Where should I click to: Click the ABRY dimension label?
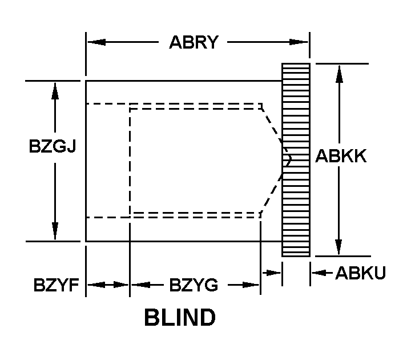click(x=194, y=43)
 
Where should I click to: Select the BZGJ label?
click(x=53, y=147)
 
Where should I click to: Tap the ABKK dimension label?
click(x=341, y=156)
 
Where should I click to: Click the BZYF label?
click(x=55, y=285)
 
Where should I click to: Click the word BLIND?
click(x=180, y=318)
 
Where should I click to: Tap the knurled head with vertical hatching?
click(x=296, y=159)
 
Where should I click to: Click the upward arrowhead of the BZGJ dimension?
click(x=55, y=88)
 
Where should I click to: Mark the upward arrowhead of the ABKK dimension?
click(x=339, y=71)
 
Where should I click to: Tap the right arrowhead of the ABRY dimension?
click(x=302, y=42)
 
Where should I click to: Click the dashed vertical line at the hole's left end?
click(x=130, y=160)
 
